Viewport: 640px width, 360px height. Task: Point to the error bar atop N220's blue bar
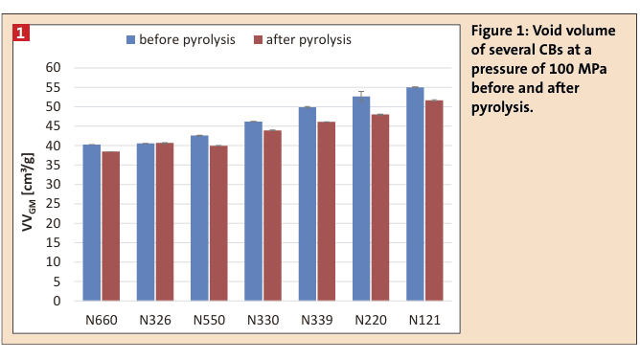(x=362, y=93)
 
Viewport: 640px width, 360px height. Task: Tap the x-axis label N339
(x=317, y=320)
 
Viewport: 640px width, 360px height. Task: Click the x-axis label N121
(x=424, y=320)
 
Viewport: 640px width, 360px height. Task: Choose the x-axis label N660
(x=102, y=320)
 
